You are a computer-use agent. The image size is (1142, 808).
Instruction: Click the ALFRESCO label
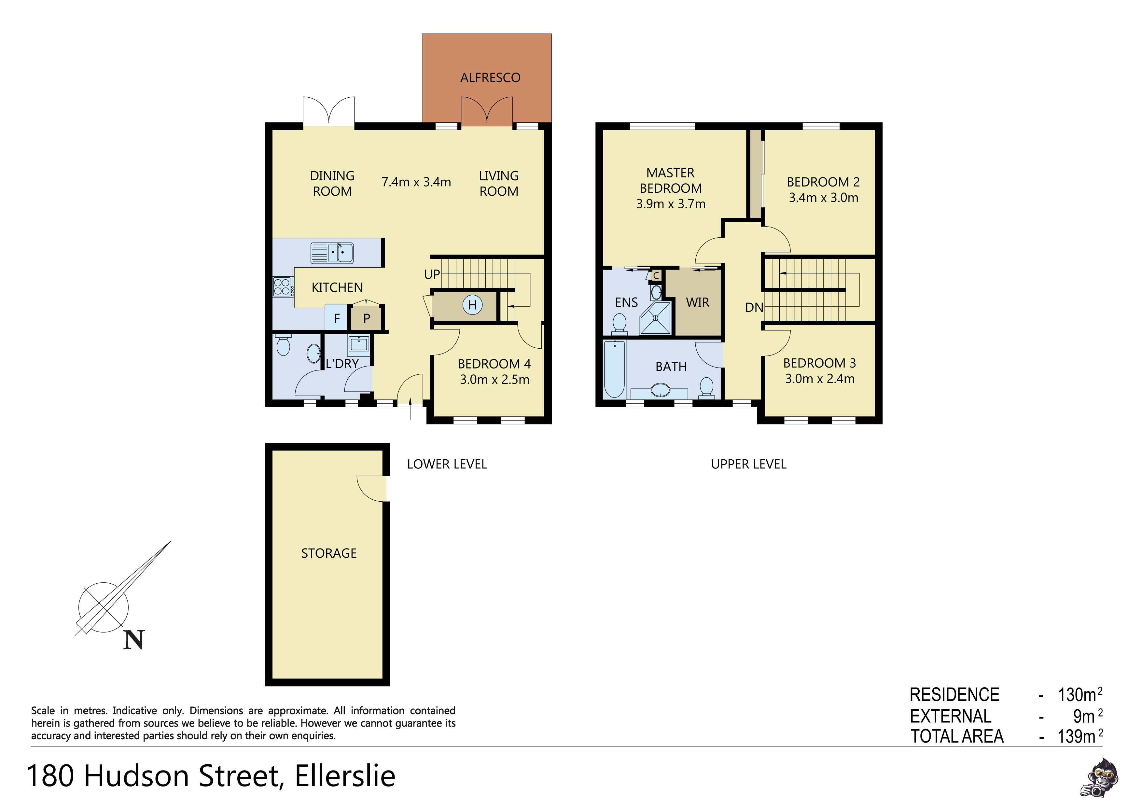(x=490, y=77)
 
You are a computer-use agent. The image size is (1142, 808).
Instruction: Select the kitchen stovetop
(x=282, y=287)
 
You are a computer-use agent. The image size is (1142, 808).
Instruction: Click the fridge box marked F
(x=337, y=318)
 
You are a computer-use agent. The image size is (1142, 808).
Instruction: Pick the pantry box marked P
(x=367, y=318)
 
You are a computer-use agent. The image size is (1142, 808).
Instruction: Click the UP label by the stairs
(x=432, y=274)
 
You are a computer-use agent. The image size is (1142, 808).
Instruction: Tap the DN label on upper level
(x=754, y=308)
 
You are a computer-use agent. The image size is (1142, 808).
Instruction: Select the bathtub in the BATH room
(x=614, y=369)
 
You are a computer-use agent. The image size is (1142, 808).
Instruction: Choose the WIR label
(x=697, y=302)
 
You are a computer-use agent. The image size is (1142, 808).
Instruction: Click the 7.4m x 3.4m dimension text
(x=416, y=182)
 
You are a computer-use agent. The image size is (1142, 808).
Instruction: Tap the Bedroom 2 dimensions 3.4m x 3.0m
(x=823, y=198)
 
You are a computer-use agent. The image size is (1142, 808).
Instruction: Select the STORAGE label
(x=329, y=553)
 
